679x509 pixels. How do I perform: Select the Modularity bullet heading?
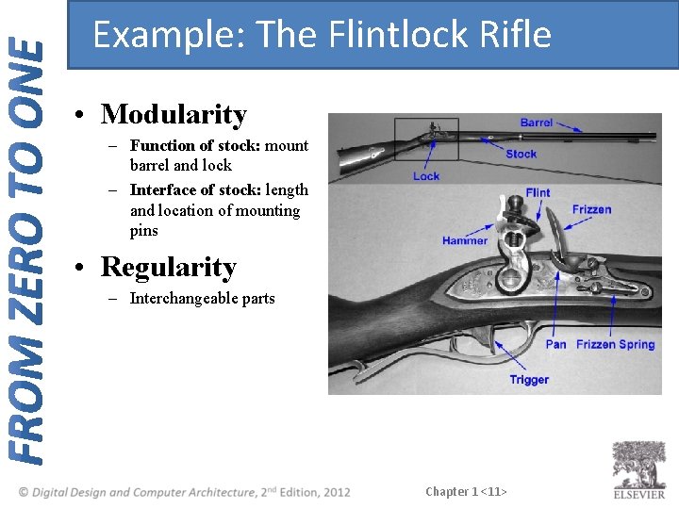[174, 115]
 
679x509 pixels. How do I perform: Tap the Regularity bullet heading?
[168, 268]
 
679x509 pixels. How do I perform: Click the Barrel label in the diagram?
[537, 123]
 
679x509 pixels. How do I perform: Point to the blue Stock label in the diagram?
[521, 154]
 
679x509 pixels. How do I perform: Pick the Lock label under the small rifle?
[426, 176]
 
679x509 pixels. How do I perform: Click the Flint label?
[538, 193]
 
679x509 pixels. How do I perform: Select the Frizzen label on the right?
[591, 209]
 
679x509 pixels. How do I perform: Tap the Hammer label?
[465, 241]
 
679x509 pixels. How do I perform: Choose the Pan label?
[555, 344]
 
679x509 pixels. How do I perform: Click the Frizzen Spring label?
[615, 344]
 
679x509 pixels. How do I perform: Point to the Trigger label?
[529, 380]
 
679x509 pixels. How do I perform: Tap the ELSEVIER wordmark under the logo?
[639, 494]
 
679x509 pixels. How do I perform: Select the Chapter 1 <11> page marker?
[466, 492]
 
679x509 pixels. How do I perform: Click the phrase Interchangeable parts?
[202, 299]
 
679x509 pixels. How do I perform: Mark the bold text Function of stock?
[195, 146]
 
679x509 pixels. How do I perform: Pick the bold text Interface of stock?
[195, 190]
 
